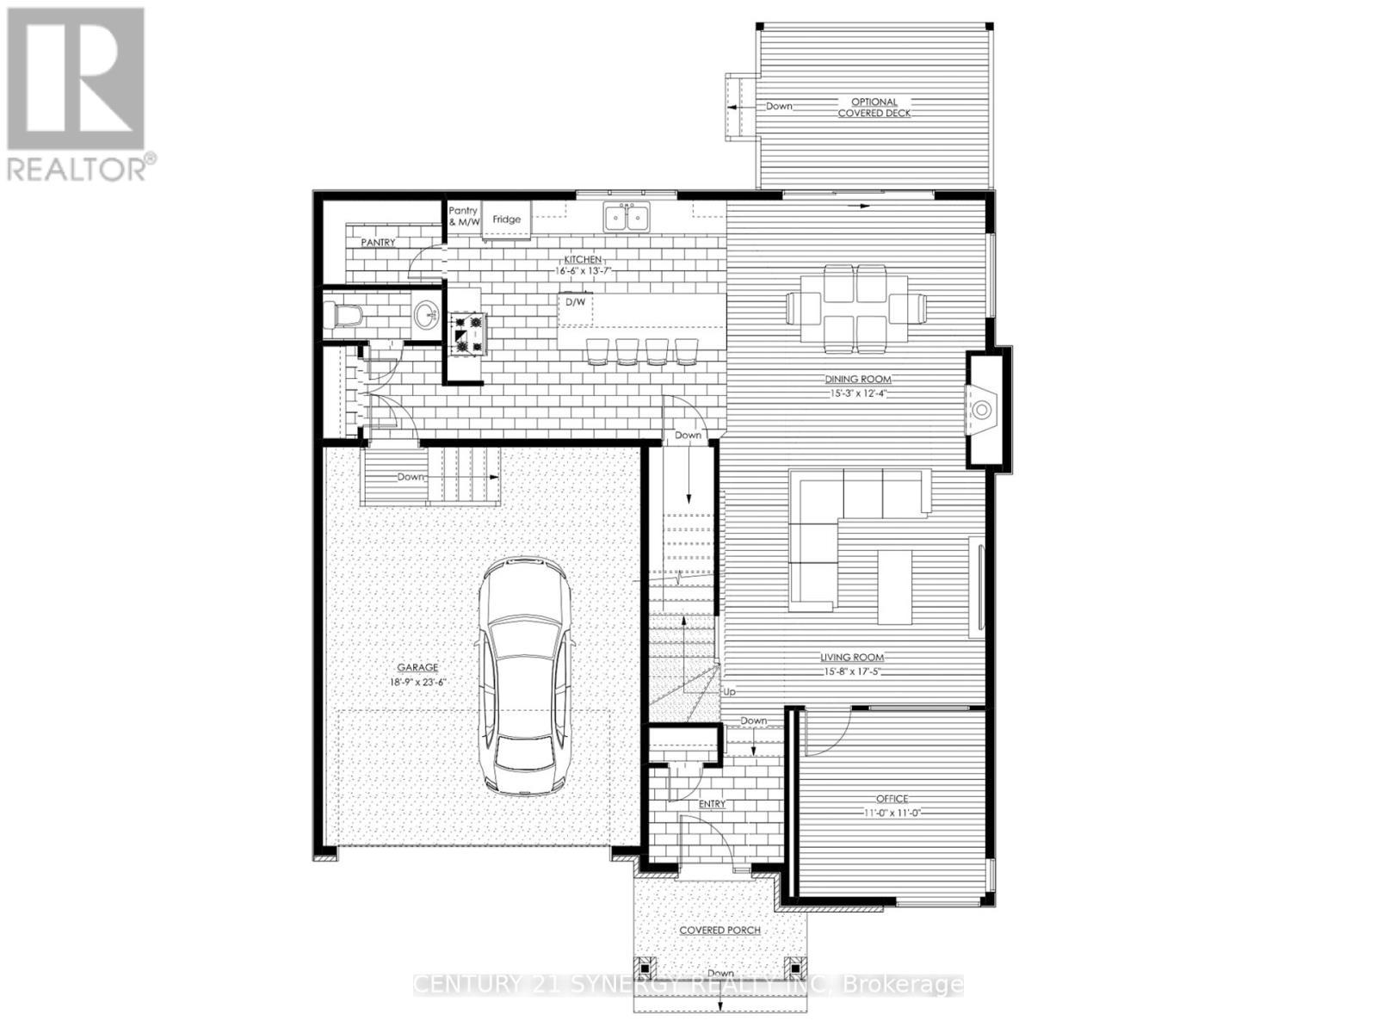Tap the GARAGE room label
point(417,667)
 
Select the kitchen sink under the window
point(627,218)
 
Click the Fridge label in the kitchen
point(506,220)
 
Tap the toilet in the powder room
point(343,316)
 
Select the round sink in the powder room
point(425,316)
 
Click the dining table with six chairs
point(856,307)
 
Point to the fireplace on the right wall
point(983,408)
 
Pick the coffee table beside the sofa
point(894,586)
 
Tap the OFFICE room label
point(892,799)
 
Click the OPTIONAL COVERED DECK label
point(874,108)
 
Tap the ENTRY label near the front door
point(712,804)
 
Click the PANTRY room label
point(378,243)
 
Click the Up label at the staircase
point(730,692)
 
